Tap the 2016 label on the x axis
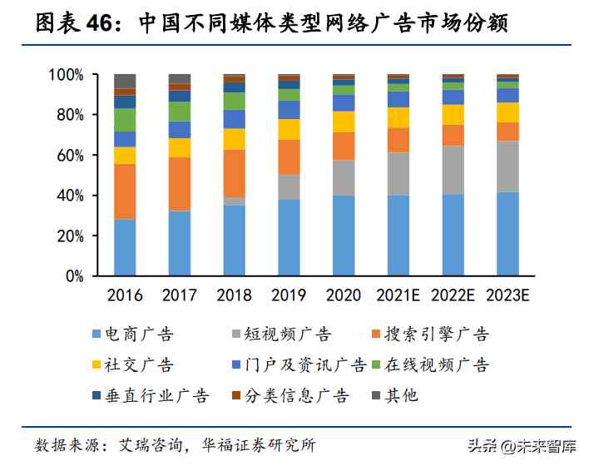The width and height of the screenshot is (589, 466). click(125, 295)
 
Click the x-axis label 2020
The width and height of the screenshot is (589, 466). click(344, 295)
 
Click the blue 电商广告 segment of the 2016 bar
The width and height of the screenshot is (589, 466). click(125, 247)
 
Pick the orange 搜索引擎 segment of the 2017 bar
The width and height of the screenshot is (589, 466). click(180, 184)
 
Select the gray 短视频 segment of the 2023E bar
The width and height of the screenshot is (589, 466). click(507, 166)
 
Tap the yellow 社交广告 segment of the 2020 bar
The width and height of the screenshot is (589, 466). click(344, 121)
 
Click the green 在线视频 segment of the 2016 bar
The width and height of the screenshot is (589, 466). click(125, 120)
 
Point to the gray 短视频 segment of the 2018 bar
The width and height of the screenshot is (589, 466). click(235, 201)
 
